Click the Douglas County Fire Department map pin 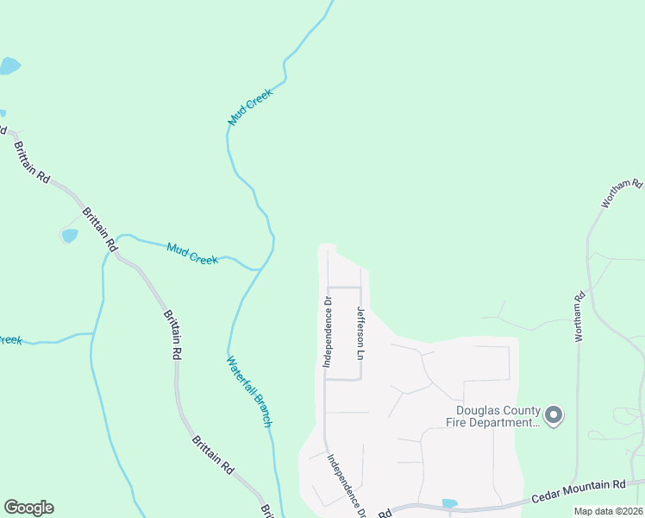(x=554, y=415)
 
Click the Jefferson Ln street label (x=363, y=335)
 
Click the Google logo (x=28, y=508)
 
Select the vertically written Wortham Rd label (x=580, y=316)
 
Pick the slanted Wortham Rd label (x=623, y=194)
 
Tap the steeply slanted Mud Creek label (x=250, y=107)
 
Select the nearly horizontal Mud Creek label (x=192, y=252)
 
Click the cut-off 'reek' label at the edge (x=10, y=339)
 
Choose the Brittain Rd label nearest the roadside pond (x=100, y=229)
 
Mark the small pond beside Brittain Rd (x=69, y=235)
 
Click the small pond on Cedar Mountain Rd (x=449, y=502)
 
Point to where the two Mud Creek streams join (x=259, y=269)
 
